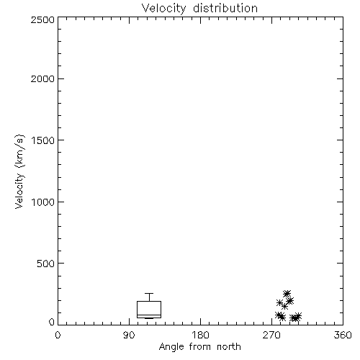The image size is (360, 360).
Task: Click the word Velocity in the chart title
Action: [164, 9]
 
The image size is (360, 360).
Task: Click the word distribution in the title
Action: [225, 8]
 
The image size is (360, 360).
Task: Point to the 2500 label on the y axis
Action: [42, 19]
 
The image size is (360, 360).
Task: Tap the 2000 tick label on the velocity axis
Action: [42, 78]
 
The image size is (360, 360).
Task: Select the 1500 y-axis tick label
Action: [43, 140]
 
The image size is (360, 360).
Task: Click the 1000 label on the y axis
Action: [43, 202]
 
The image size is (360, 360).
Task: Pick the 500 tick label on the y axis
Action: [46, 264]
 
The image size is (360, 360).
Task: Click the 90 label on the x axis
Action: [129, 335]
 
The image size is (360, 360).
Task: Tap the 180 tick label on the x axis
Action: [200, 335]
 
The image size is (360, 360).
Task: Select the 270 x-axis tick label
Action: [271, 335]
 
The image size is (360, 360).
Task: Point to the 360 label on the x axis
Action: [343, 335]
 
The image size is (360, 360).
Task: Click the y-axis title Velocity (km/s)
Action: [19, 171]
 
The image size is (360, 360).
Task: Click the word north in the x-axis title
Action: [229, 347]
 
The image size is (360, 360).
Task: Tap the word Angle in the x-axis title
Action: [171, 347]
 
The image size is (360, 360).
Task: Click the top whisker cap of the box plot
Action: [149, 293]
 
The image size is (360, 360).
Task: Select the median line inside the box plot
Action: [149, 315]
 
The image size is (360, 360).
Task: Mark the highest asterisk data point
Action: [287, 293]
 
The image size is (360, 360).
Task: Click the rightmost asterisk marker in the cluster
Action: [298, 316]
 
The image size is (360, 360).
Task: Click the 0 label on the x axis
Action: [58, 335]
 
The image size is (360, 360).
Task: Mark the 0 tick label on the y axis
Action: [52, 322]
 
